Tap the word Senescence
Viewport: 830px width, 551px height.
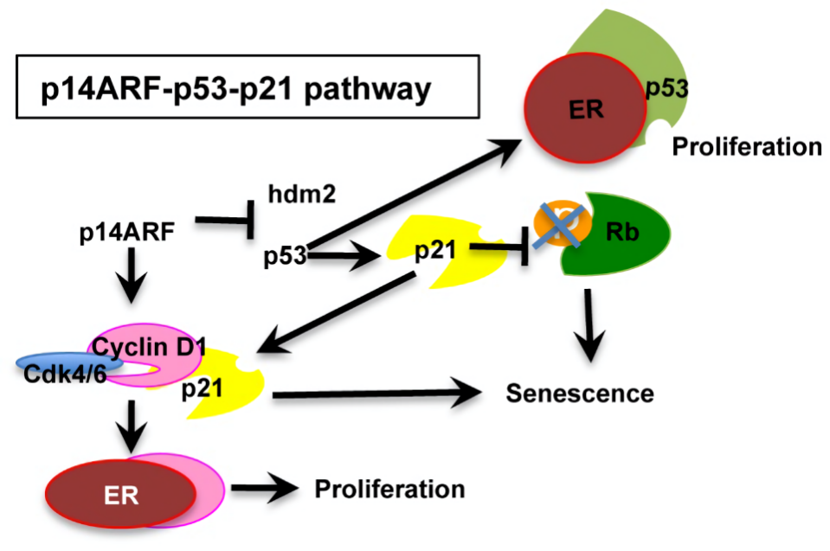pos(580,394)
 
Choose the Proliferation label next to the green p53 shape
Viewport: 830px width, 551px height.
pos(747,146)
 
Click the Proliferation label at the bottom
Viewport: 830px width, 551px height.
pos(389,490)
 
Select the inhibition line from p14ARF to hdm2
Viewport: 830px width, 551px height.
pos(225,222)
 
